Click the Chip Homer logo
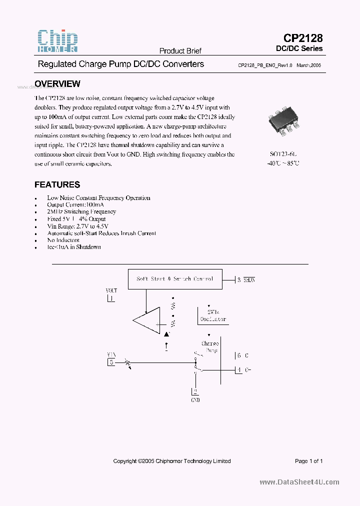tap(58, 41)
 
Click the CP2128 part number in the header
tap(303, 38)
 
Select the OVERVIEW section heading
tap(57, 84)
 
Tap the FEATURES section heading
tap(57, 184)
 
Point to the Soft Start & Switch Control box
tap(174, 279)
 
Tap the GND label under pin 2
tap(195, 400)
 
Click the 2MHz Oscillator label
tap(213, 315)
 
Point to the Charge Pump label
tap(210, 347)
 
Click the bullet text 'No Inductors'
tap(63, 240)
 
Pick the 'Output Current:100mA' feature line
tap(75, 205)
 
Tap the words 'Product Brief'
tap(180, 51)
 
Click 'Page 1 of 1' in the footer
tap(308, 461)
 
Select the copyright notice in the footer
tap(172, 461)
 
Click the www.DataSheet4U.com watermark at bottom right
tap(299, 482)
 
